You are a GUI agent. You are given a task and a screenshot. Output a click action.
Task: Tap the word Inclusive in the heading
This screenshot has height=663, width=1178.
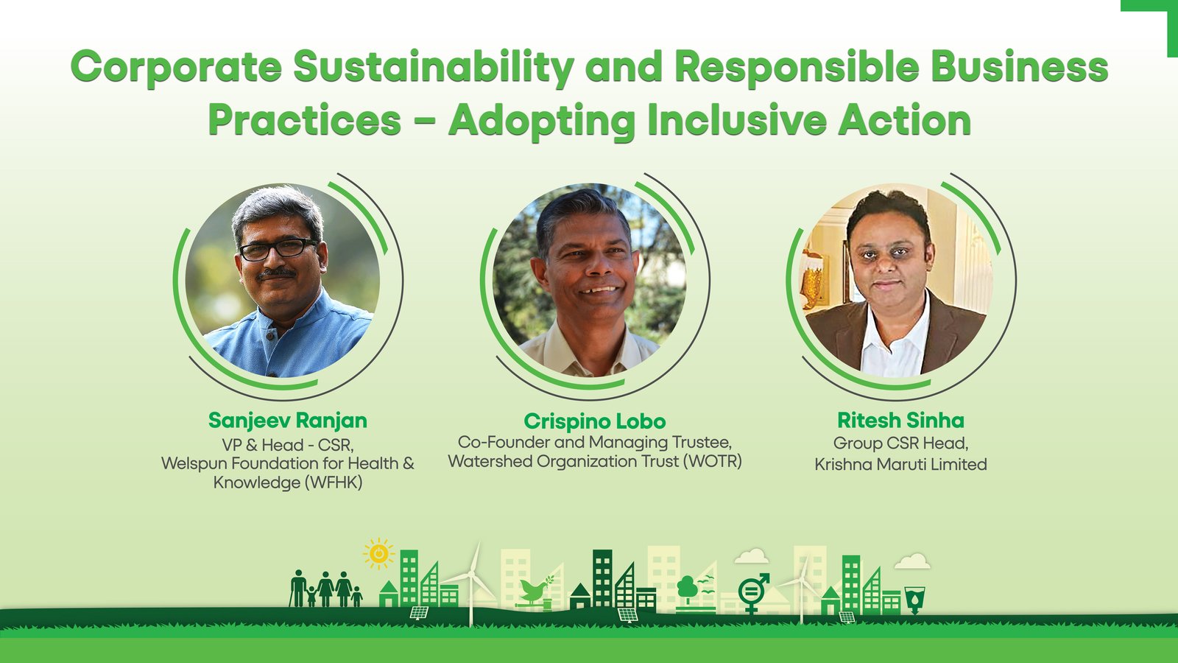tap(737, 122)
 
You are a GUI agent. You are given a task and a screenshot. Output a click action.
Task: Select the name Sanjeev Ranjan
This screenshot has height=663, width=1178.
tap(288, 421)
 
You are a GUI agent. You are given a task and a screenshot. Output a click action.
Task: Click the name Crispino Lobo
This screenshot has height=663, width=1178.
tap(595, 421)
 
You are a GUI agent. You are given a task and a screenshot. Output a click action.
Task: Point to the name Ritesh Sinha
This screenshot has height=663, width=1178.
tap(901, 421)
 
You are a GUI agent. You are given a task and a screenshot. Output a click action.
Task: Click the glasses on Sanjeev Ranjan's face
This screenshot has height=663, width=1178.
tap(278, 250)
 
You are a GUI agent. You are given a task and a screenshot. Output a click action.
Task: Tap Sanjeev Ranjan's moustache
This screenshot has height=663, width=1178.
tap(277, 273)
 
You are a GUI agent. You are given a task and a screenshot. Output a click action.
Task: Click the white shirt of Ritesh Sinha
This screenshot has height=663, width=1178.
tap(894, 342)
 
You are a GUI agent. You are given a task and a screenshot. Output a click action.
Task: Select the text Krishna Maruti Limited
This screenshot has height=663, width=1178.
tap(901, 465)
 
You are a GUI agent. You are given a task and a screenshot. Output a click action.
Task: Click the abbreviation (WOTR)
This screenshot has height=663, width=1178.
tap(713, 461)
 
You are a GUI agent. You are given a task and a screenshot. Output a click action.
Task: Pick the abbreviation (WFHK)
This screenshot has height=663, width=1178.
tap(332, 483)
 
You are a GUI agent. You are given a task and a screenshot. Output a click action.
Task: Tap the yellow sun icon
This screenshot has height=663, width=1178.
tap(378, 553)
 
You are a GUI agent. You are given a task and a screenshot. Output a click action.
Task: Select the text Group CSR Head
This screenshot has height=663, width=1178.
tap(901, 443)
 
